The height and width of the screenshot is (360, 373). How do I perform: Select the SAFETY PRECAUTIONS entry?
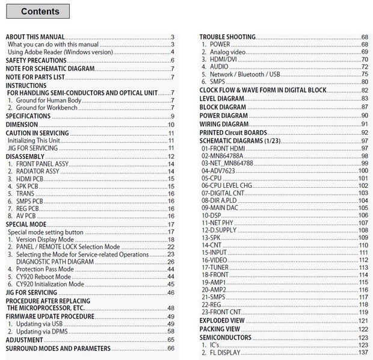coord(36,60)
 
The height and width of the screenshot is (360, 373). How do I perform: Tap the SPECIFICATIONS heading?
coord(28,116)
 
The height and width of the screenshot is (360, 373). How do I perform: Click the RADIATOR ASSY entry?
coord(38,172)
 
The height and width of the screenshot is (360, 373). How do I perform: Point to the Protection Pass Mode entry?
coord(45,269)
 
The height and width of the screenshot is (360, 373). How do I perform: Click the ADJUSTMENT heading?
coord(25,340)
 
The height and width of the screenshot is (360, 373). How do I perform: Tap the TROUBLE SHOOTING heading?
coord(227,37)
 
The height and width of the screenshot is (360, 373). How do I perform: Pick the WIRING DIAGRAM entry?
coord(224,124)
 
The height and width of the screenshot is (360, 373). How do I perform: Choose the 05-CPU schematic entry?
coord(212,179)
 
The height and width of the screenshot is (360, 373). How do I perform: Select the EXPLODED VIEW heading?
coord(222,321)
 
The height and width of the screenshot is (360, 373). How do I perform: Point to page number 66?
coord(171,349)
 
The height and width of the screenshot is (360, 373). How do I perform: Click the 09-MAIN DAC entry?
coord(221,208)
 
